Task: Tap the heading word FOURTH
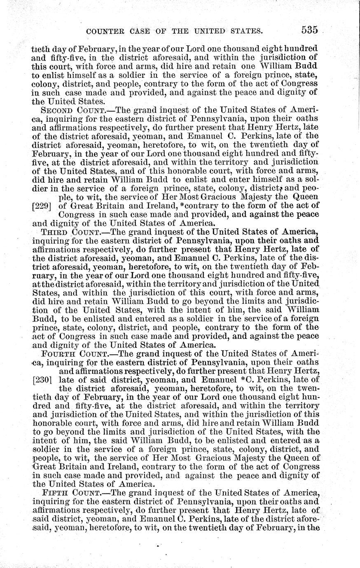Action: [59, 354]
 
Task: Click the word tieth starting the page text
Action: [40, 48]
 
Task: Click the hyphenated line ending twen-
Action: [310, 388]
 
